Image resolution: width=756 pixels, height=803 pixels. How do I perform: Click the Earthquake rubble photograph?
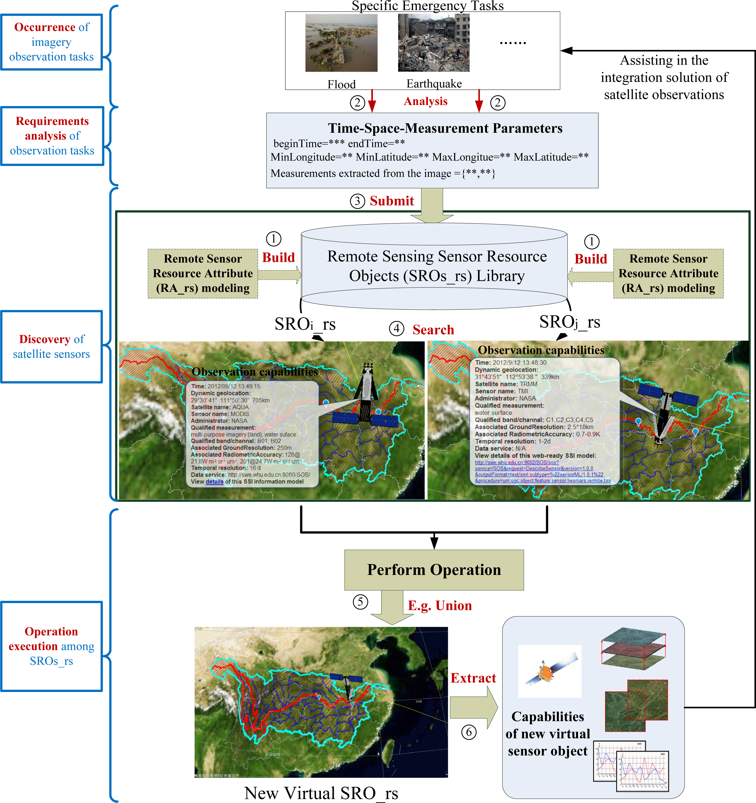pyautogui.click(x=434, y=43)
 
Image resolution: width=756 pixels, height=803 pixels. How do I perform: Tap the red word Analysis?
pyautogui.click(x=426, y=101)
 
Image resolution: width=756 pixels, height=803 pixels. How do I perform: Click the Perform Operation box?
pyautogui.click(x=434, y=569)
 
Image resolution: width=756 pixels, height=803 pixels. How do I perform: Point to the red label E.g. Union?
pyautogui.click(x=440, y=605)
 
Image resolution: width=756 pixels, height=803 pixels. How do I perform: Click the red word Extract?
pyautogui.click(x=473, y=678)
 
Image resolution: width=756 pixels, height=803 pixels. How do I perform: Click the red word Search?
pyautogui.click(x=433, y=330)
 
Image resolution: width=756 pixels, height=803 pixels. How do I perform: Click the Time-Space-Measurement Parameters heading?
pyautogui.click(x=445, y=128)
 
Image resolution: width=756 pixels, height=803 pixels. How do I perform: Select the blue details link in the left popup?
pyautogui.click(x=214, y=481)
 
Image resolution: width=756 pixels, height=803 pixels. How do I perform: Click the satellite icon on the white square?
pyautogui.click(x=550, y=671)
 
